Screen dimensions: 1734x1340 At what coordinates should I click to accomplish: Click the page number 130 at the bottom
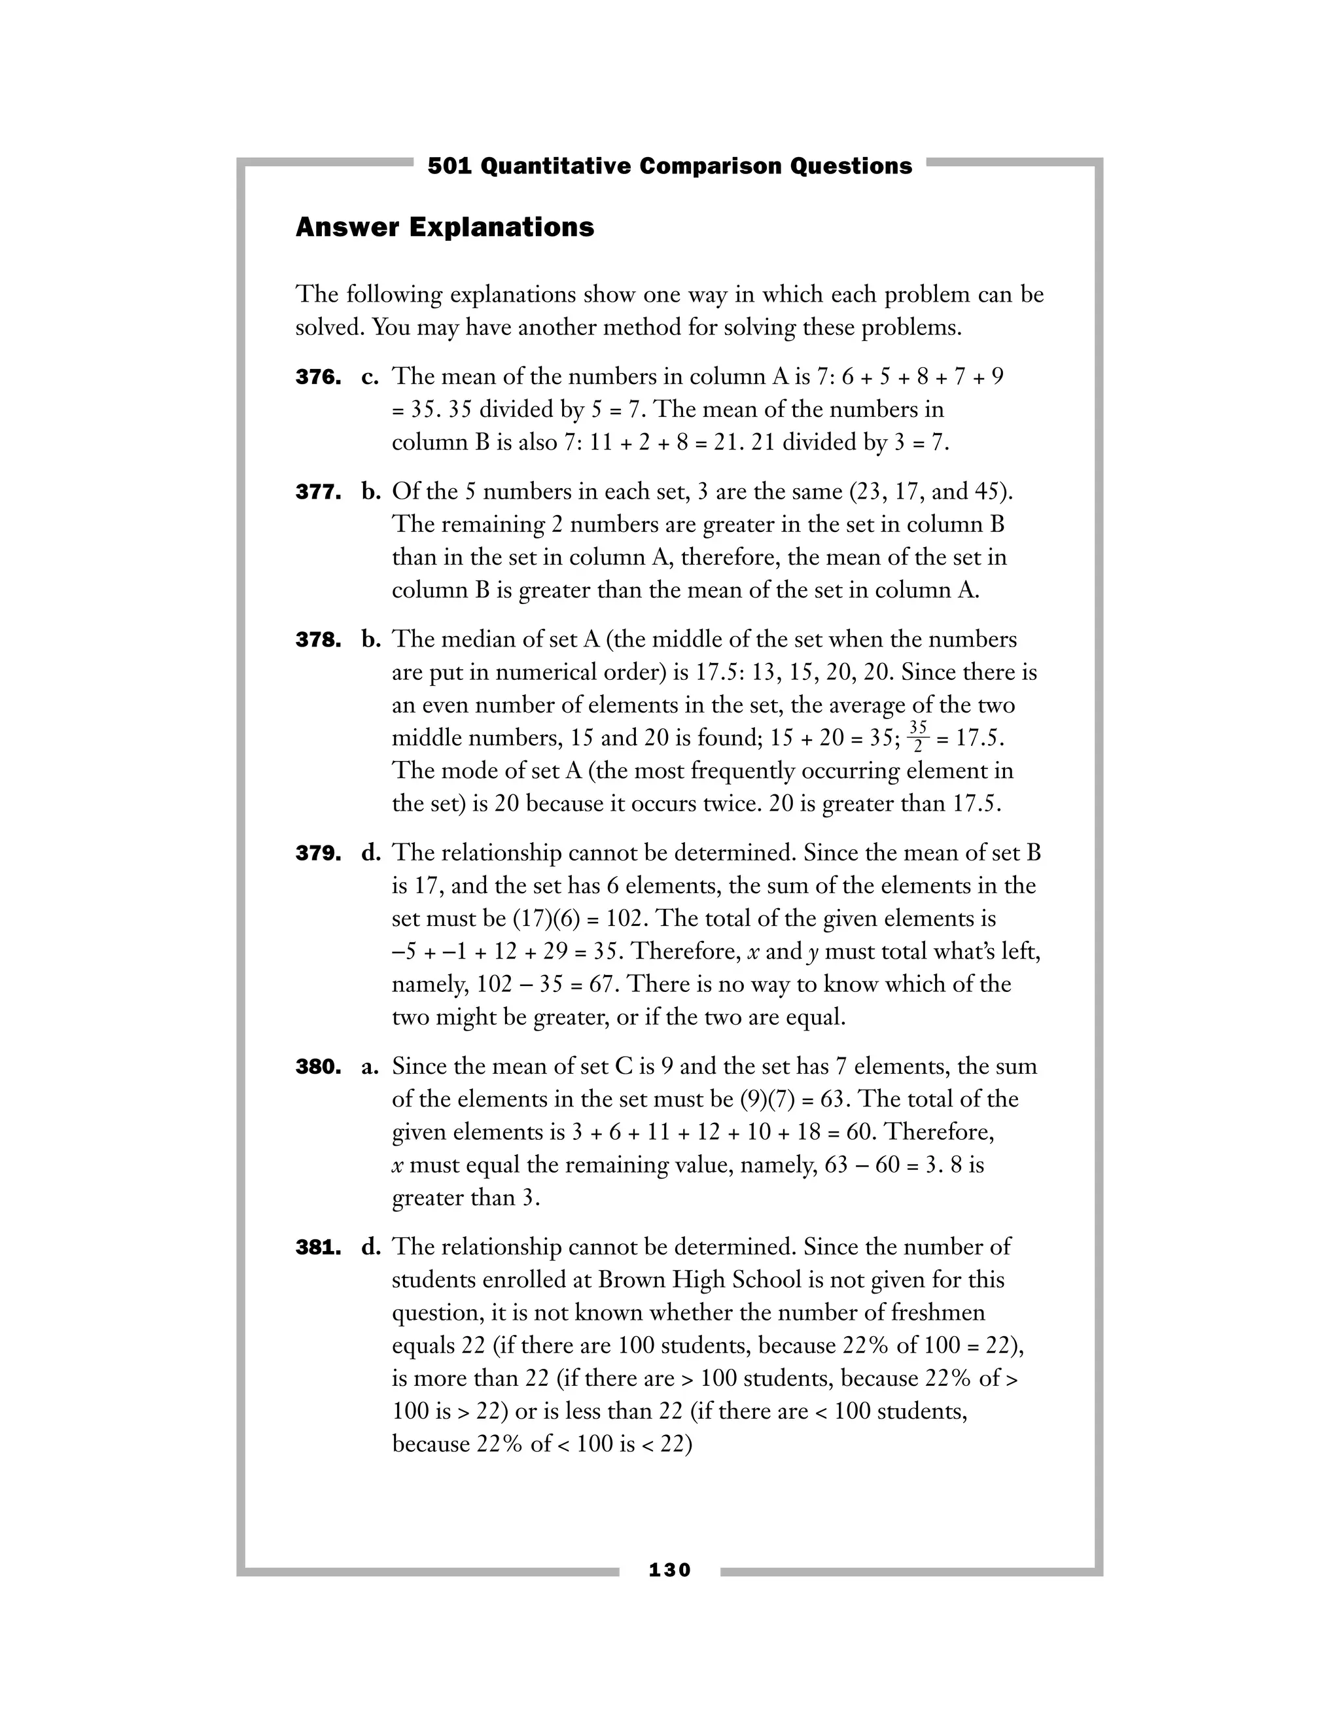[x=669, y=1570]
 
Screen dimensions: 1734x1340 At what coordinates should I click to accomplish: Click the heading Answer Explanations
[x=444, y=228]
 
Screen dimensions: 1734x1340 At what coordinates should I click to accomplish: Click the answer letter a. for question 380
[x=371, y=1067]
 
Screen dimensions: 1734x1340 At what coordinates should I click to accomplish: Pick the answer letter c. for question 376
[x=371, y=376]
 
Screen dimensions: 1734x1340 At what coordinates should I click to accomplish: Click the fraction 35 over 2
[x=918, y=737]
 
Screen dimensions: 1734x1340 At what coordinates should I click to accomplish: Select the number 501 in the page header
[x=450, y=166]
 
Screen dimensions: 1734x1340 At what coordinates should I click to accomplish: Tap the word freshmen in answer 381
[x=938, y=1313]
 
